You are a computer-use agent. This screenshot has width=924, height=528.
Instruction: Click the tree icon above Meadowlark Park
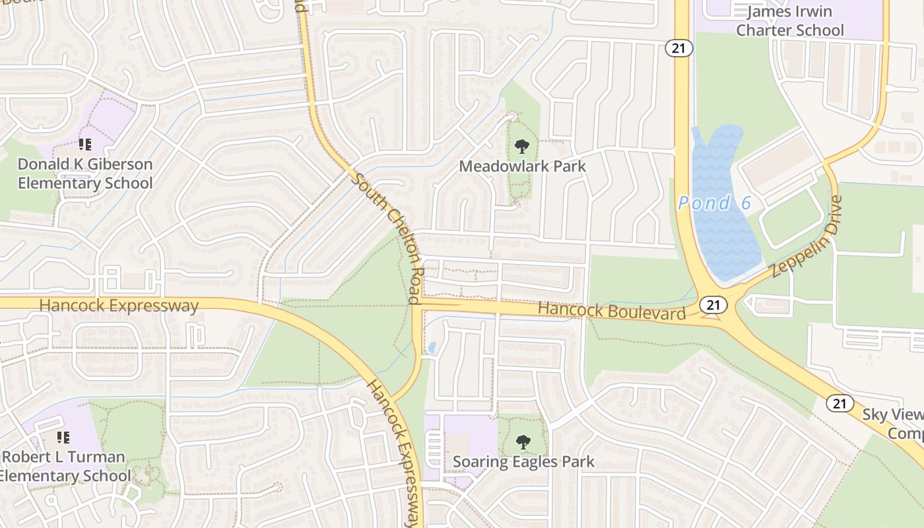click(x=521, y=146)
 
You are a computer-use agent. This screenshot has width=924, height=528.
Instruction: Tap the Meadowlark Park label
click(x=522, y=166)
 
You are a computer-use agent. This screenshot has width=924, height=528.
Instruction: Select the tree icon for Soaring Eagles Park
click(x=523, y=442)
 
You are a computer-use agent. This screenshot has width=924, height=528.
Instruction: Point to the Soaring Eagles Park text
click(x=523, y=461)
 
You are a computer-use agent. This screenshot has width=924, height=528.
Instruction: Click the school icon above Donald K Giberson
click(x=84, y=144)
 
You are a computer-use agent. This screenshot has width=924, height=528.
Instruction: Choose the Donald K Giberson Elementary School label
click(x=85, y=174)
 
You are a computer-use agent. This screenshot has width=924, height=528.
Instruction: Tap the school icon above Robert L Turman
click(x=63, y=437)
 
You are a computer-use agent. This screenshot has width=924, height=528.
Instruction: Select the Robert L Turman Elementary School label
click(x=64, y=466)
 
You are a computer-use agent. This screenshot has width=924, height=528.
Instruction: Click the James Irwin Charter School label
click(x=789, y=20)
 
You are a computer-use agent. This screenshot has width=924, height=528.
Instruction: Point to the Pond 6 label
click(x=714, y=203)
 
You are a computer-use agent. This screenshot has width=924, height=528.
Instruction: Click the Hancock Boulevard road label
click(x=612, y=310)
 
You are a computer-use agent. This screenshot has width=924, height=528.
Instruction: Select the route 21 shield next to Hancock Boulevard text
click(x=712, y=304)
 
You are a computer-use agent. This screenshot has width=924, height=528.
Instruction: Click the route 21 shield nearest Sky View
click(x=840, y=403)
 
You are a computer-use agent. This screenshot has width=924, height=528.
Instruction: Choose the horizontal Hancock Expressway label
click(x=119, y=306)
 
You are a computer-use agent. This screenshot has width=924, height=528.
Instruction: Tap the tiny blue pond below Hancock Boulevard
click(x=432, y=346)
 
